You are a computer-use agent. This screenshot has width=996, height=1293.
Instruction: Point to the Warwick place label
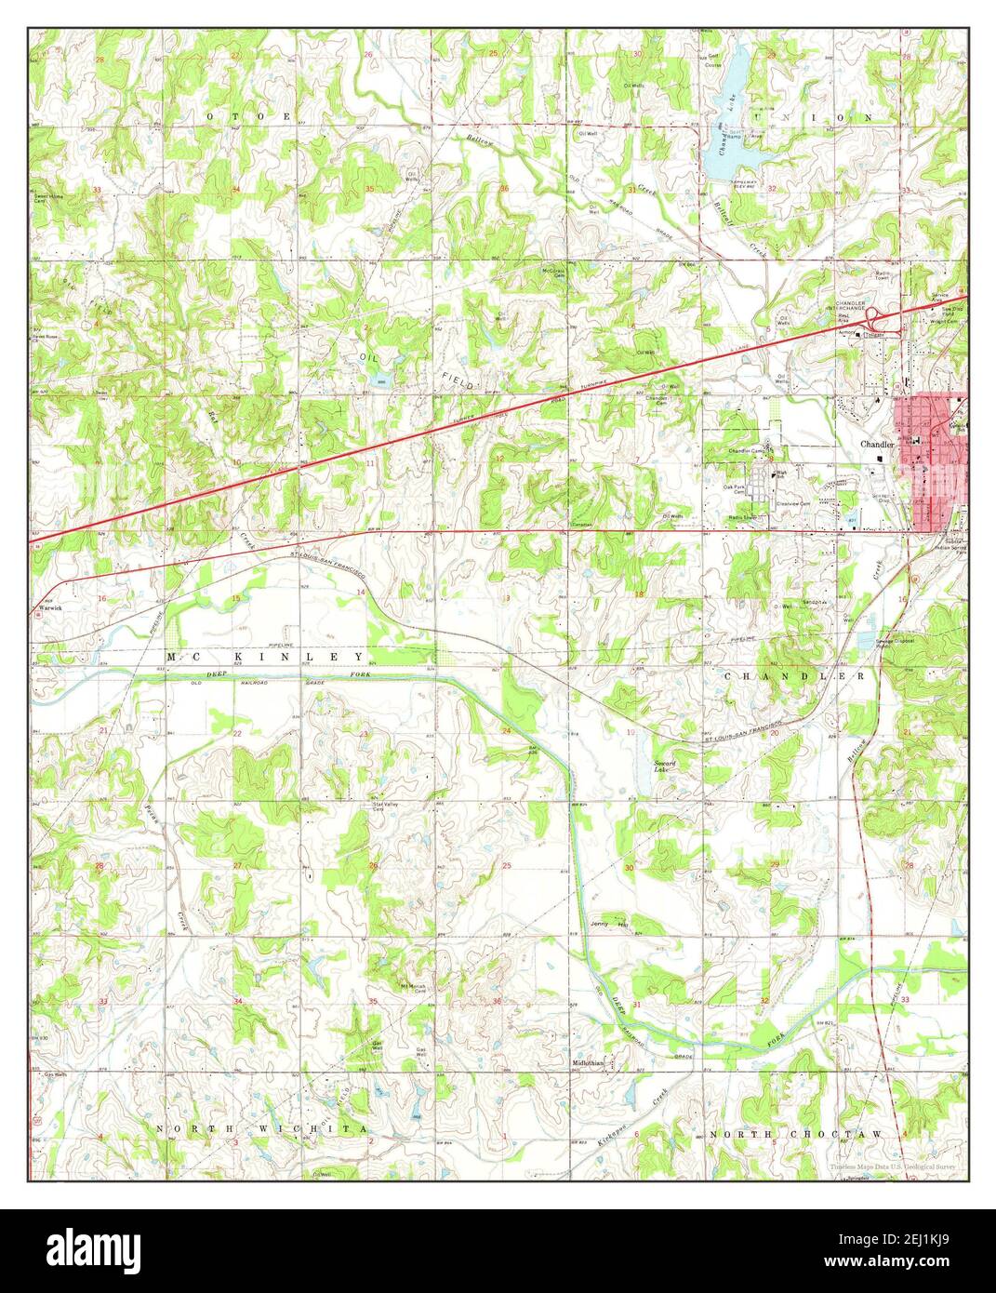click(48, 607)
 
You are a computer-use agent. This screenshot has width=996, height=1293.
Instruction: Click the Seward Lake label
click(662, 765)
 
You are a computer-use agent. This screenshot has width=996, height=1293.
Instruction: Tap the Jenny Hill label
click(609, 924)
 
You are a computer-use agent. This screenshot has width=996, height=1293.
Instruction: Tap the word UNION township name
click(843, 118)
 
